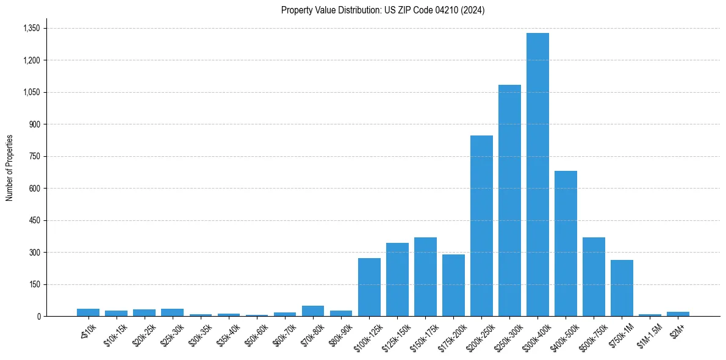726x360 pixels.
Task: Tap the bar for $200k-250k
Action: [481, 226]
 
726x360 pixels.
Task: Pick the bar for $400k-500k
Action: [566, 243]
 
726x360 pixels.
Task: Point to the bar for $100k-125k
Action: [369, 287]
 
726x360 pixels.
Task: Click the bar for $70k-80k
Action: [313, 311]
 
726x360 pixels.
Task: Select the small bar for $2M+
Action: [678, 314]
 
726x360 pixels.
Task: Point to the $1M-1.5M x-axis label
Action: [646, 333]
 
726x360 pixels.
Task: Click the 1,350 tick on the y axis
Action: [31, 28]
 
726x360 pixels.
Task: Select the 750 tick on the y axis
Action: [34, 156]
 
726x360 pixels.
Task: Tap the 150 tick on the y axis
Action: [34, 284]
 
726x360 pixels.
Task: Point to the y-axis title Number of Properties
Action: [10, 168]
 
